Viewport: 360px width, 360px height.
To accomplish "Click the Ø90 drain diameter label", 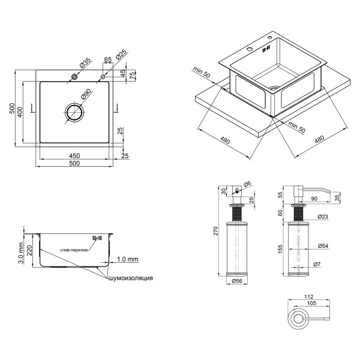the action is click(86, 94).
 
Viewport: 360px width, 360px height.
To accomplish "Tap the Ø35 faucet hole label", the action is click(85, 62).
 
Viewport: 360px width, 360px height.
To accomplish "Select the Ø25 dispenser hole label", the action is click(121, 55).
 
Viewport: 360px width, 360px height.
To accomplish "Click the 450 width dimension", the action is click(74, 156).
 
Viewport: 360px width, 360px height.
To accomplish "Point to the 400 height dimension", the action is click(20, 112).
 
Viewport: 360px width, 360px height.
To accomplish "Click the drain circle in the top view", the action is click(74, 113).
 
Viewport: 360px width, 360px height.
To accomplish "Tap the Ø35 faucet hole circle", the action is click(74, 77).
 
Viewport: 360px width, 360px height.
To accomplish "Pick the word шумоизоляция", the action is click(130, 278).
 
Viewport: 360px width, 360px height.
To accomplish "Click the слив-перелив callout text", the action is click(74, 250).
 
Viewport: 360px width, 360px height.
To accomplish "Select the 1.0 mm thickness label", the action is click(128, 259).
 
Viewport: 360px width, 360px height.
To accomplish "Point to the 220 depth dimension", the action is click(29, 250).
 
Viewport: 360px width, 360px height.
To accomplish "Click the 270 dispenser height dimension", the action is click(215, 231).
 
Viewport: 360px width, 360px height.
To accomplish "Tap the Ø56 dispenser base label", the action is click(237, 281).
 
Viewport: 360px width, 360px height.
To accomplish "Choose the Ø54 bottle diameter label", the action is click(323, 246).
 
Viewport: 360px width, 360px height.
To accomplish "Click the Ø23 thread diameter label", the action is click(323, 217).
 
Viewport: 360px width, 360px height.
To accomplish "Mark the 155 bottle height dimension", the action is click(280, 249).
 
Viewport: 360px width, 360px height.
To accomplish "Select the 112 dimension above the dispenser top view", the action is click(308, 296).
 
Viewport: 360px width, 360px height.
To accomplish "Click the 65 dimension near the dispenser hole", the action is click(107, 59).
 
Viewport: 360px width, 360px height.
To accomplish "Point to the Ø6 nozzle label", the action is click(247, 184).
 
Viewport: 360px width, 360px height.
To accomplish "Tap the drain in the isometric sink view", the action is click(274, 88).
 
